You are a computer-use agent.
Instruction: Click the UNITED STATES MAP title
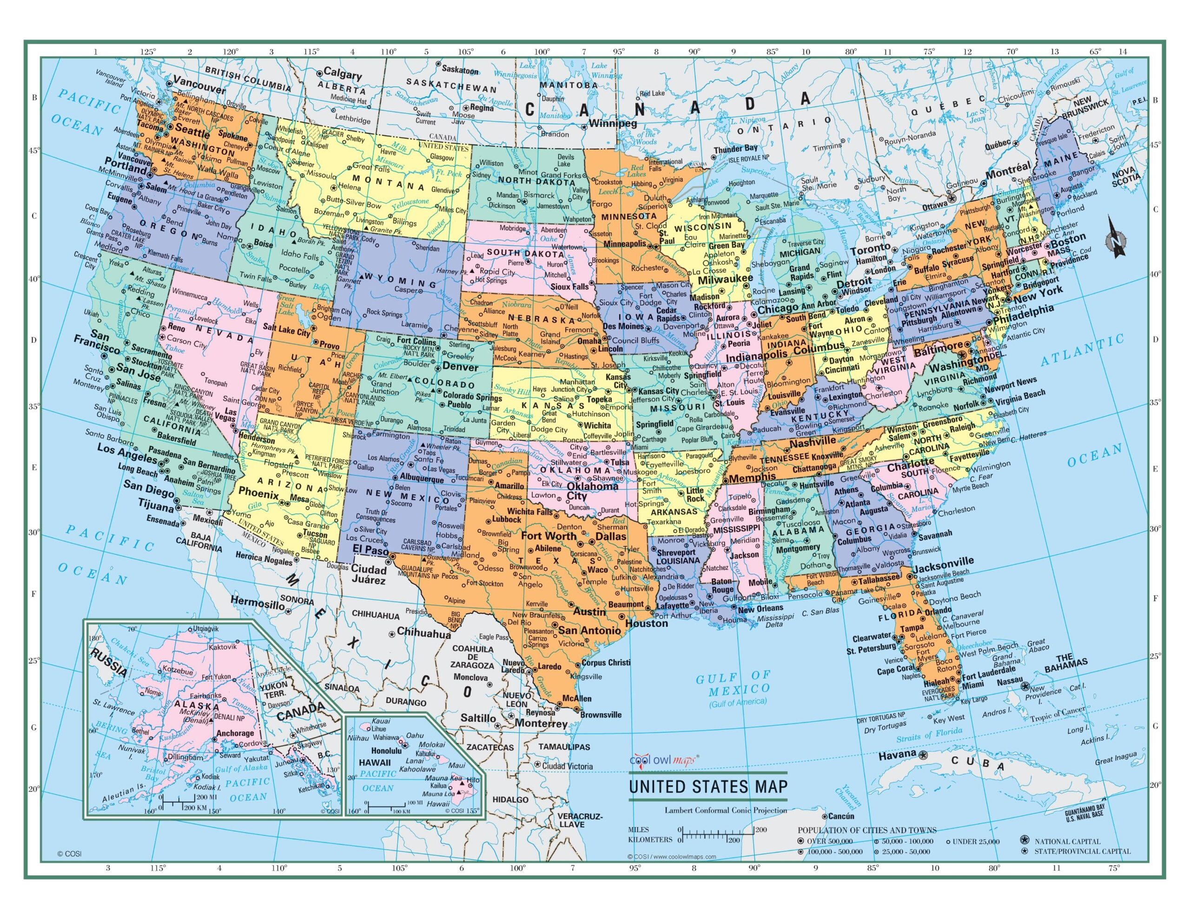708,787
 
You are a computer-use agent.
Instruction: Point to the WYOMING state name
401,281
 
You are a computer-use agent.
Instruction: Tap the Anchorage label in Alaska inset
235,733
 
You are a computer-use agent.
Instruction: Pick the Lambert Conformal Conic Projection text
725,810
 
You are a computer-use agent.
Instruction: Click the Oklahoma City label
592,491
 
